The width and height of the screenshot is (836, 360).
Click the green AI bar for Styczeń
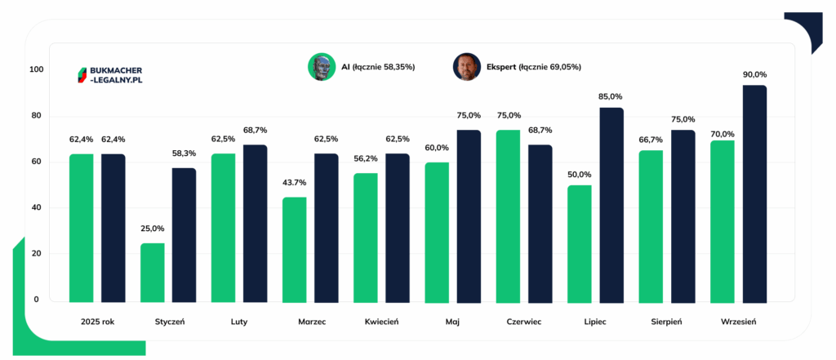(153, 273)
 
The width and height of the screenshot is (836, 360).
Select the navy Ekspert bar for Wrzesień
(755, 194)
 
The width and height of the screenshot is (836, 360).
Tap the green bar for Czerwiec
(508, 216)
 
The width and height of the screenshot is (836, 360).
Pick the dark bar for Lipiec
(611, 206)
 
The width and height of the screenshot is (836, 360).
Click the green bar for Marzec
(294, 250)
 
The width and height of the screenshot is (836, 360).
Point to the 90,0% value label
(755, 74)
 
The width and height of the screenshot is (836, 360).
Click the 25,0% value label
(153, 229)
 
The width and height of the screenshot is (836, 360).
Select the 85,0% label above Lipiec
(611, 96)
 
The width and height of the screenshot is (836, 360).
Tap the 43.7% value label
(294, 183)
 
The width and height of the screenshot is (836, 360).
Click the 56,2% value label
(366, 158)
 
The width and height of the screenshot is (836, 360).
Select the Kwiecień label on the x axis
(382, 322)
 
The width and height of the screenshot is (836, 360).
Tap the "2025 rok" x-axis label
(98, 322)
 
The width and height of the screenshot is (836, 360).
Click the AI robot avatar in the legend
(320, 67)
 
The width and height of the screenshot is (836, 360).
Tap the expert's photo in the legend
(466, 67)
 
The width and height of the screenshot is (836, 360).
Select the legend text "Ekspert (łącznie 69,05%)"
(534, 67)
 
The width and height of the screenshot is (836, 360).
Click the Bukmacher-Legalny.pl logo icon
(82, 75)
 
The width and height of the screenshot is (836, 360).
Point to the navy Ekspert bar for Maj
(469, 216)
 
